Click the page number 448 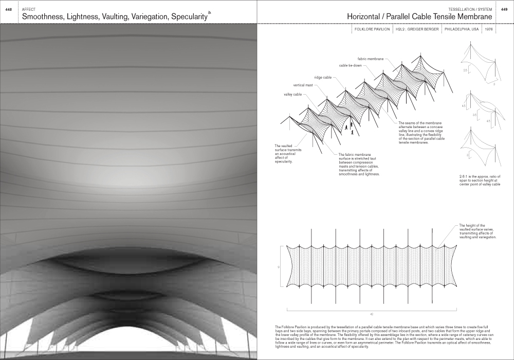[8, 10]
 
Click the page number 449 [505, 10]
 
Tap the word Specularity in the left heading [185, 17]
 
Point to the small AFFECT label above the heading [29, 10]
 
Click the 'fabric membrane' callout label [370, 59]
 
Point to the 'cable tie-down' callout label [351, 66]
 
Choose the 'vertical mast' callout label [303, 85]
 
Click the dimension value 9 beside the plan [278, 267]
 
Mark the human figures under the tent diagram [350, 129]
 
